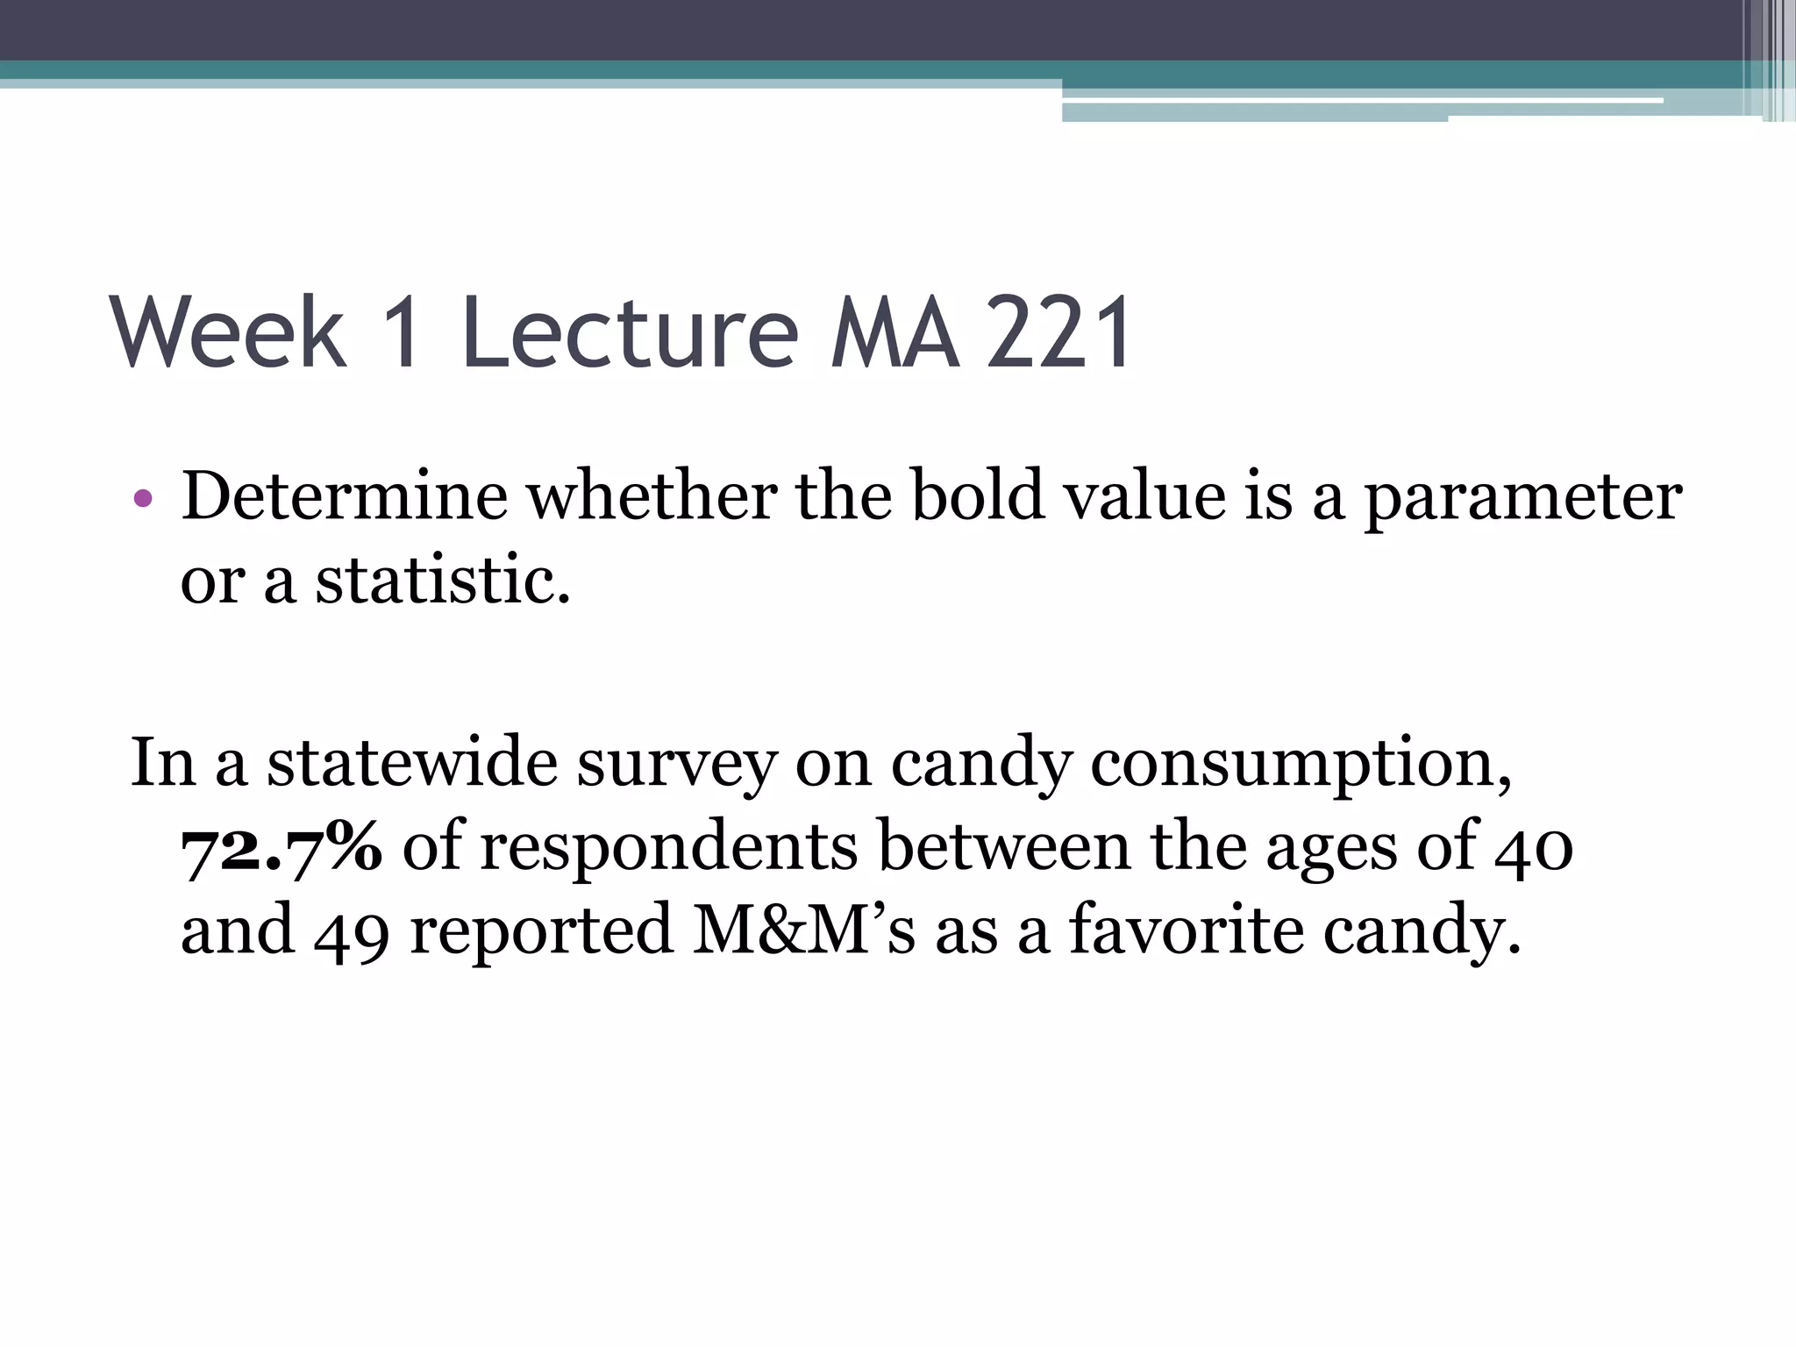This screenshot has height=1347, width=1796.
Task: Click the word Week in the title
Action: pyautogui.click(x=229, y=333)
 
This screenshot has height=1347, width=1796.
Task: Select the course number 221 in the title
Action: pyautogui.click(x=1058, y=333)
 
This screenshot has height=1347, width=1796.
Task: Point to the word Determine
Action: pyautogui.click(x=344, y=496)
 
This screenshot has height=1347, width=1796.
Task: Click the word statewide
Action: pyautogui.click(x=412, y=763)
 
